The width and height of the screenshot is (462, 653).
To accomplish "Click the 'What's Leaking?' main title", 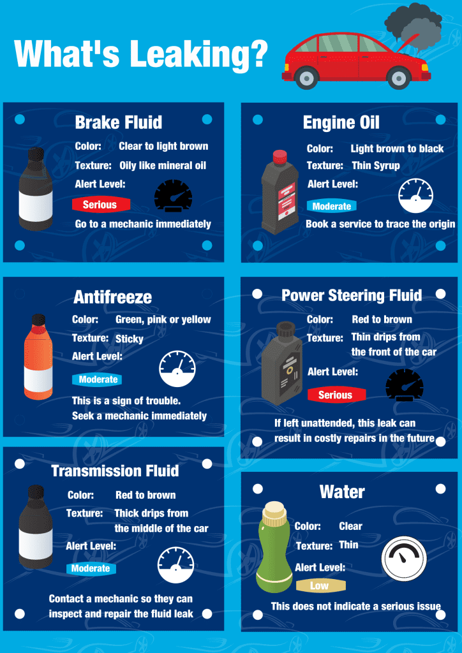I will pos(140,54).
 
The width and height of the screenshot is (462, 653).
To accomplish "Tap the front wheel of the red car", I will pos(399,78).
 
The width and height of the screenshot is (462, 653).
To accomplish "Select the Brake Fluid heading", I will pos(119,122).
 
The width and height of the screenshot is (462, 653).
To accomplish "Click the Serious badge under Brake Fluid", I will pos(100,205).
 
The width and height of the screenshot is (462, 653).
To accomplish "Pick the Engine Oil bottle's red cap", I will pos(279,157).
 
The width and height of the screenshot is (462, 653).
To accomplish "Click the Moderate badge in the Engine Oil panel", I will pos(332,207).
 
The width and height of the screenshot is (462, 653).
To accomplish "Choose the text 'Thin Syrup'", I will pos(376,166).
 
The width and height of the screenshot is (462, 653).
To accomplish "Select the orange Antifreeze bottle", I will pos(38,356).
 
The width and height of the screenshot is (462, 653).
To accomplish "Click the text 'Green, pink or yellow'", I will pos(163,319).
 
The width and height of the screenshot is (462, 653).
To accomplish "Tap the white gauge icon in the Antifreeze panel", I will pos(177,369).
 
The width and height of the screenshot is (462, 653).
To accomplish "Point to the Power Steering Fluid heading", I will pos(352,295).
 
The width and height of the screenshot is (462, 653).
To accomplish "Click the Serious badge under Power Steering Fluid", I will pos(336,395).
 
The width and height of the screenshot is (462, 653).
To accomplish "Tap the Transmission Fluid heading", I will pos(115,471).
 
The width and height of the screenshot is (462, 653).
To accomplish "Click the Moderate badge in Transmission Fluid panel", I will pos(91,569).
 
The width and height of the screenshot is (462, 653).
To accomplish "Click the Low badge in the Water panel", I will pos(320,586).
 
